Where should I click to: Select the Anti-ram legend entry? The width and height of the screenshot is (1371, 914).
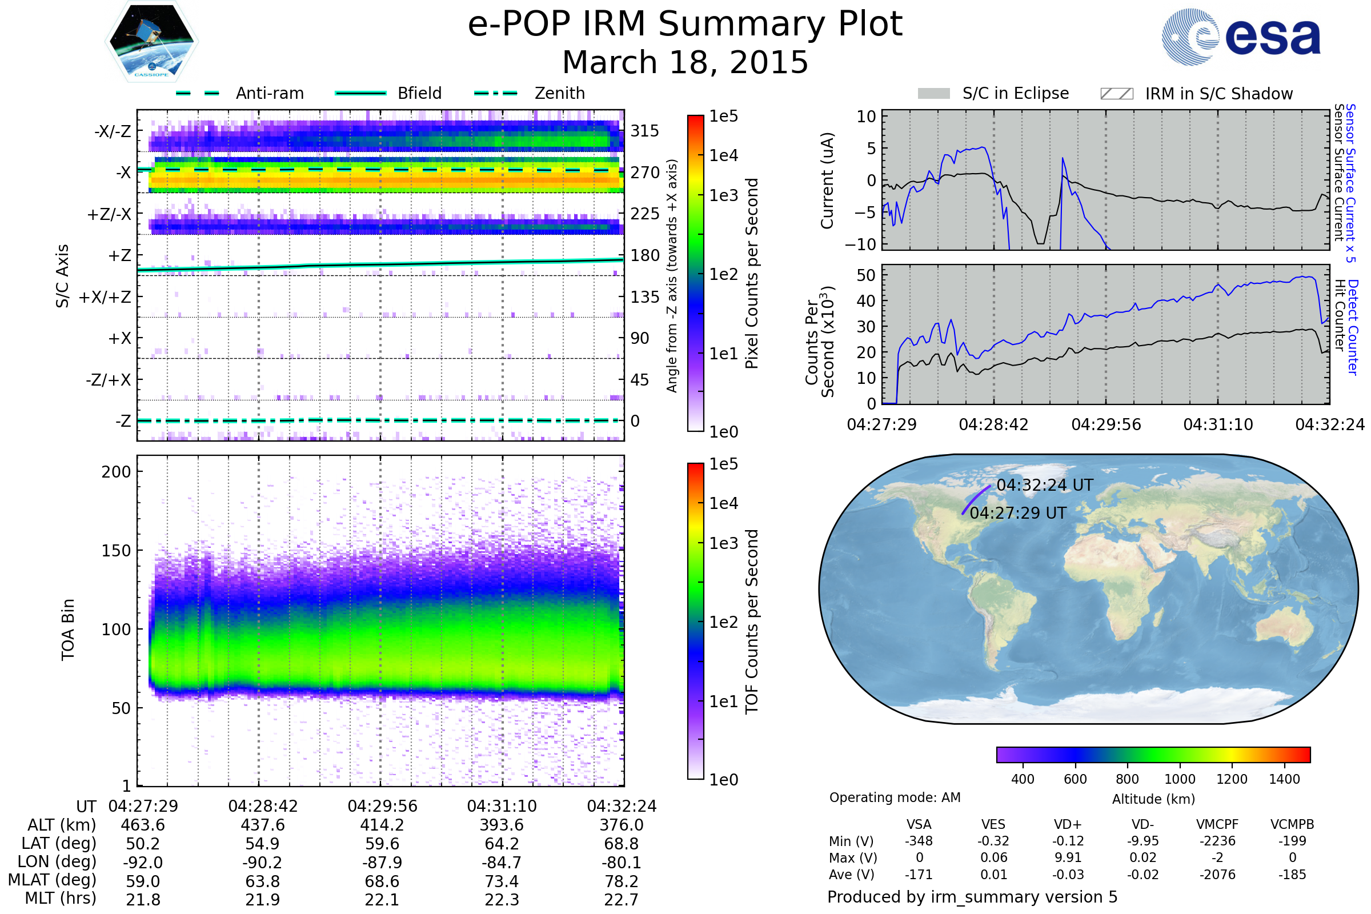coord(269,93)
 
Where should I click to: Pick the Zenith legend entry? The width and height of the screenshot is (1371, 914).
coord(559,93)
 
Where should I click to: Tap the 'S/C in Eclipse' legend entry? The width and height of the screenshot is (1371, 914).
coord(1015,93)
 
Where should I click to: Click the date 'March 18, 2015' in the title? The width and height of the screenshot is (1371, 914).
coord(685,62)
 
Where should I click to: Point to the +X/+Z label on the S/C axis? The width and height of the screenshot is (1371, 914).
coord(105,297)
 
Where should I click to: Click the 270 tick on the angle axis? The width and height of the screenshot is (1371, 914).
coord(645,173)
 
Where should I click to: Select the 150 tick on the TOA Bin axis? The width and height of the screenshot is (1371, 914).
coord(116,551)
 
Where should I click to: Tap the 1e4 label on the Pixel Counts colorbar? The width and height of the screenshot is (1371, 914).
coord(723,155)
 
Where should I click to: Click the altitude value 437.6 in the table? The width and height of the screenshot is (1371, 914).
coord(263,825)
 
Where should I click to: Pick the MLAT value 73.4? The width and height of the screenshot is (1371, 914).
coord(502,881)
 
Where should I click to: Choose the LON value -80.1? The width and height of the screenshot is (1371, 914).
coord(622,863)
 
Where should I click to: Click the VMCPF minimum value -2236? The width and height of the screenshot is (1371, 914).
coord(1217,841)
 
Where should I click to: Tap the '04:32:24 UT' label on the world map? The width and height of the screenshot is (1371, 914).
coord(1045,485)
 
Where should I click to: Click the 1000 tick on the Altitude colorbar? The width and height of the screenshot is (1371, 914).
coord(1180,779)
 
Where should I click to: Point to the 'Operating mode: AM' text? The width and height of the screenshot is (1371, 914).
coord(895,797)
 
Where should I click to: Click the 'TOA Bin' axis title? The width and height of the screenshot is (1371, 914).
coord(68,630)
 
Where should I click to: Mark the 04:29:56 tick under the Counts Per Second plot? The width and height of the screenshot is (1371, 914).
coord(1106,424)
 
